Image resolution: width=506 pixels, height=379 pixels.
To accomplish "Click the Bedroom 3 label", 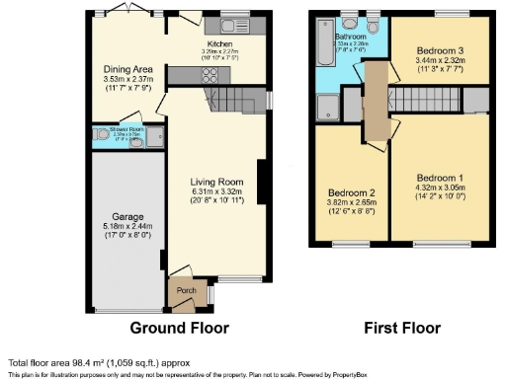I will click(x=437, y=51).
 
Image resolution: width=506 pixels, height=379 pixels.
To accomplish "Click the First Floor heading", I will click(x=401, y=328).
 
